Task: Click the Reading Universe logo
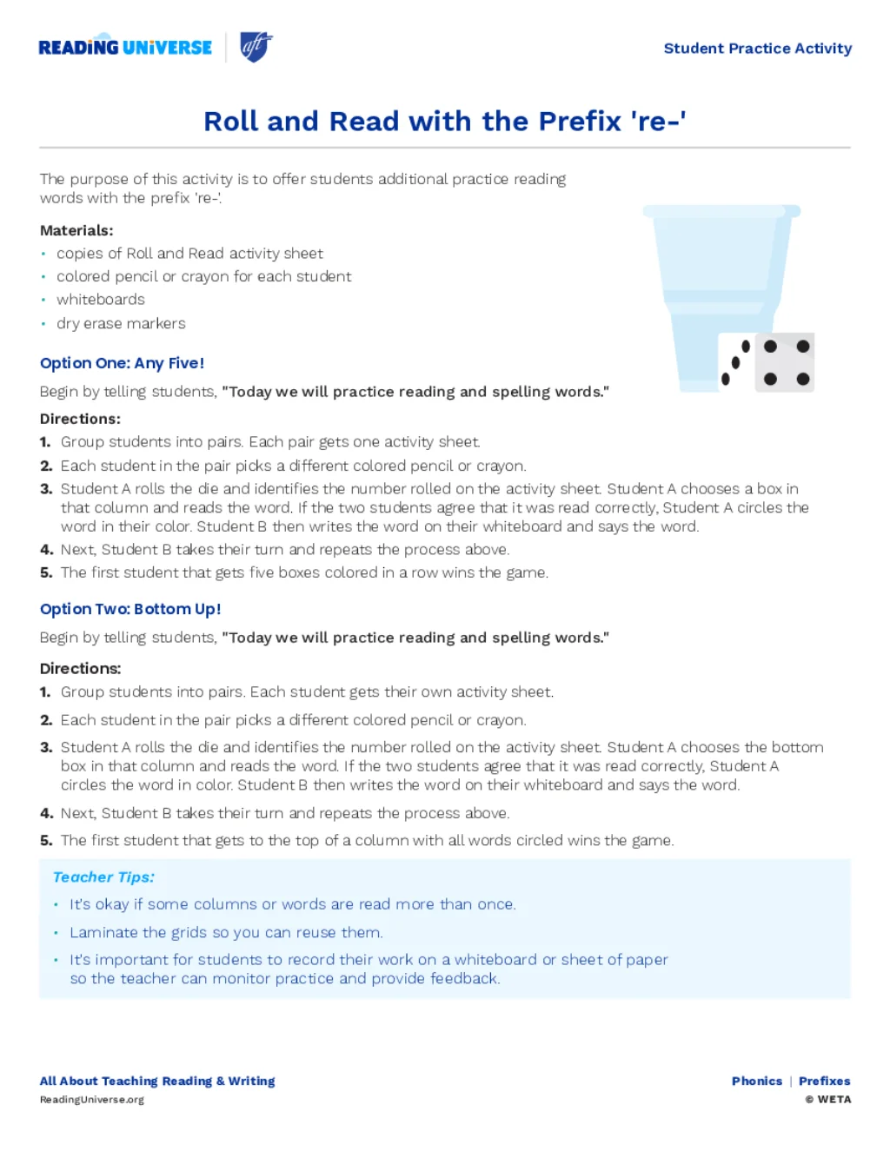[x=125, y=48]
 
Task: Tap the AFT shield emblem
[x=256, y=47]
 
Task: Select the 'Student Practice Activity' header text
[x=757, y=49]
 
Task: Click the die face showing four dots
[x=786, y=362]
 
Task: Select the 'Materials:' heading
[x=76, y=230]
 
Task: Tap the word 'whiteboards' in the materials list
[x=101, y=300]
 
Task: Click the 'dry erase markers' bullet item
[x=121, y=323]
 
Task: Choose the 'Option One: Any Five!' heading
[x=123, y=363]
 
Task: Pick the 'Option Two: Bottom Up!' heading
[x=130, y=609]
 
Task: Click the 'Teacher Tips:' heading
[x=103, y=877]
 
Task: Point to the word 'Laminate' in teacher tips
[x=103, y=932]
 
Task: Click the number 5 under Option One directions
[x=46, y=572]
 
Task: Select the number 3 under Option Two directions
[x=46, y=747]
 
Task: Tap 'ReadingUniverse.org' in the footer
[x=92, y=1100]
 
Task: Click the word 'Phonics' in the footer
[x=756, y=1082]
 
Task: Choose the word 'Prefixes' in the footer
[x=824, y=1082]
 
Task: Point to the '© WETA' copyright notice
[x=827, y=1100]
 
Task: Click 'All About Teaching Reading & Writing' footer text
[x=157, y=1082]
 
